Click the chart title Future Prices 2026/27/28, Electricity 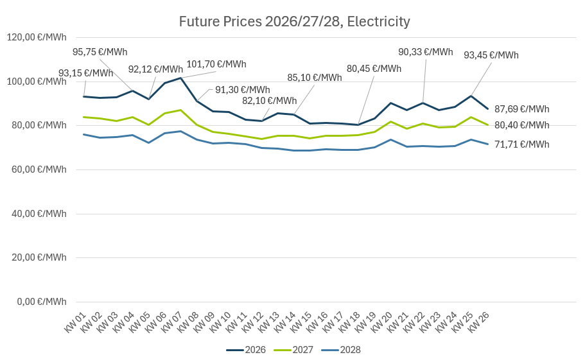tap(294, 22)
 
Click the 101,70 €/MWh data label tap(216, 64)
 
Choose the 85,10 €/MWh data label tap(314, 78)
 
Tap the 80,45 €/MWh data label tap(374, 69)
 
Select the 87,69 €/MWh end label tap(521, 109)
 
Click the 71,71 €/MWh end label tap(521, 144)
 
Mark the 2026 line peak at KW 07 tap(181, 78)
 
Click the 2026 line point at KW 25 tap(472, 96)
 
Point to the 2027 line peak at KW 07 tap(181, 110)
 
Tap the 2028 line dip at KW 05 tap(149, 143)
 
